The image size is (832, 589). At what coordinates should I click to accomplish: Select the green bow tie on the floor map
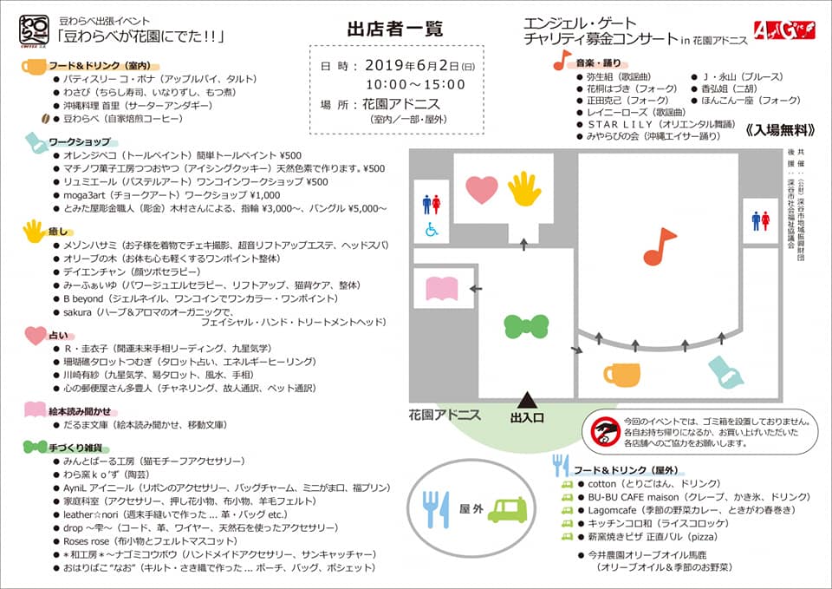click(x=527, y=326)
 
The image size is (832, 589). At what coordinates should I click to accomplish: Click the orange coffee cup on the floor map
click(x=621, y=373)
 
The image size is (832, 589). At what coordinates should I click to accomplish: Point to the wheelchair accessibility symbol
click(x=431, y=230)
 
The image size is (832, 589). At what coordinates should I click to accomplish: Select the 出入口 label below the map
click(x=527, y=418)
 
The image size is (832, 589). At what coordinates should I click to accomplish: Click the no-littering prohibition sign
click(x=604, y=430)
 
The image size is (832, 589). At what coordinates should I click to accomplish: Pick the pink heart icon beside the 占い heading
click(x=35, y=334)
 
